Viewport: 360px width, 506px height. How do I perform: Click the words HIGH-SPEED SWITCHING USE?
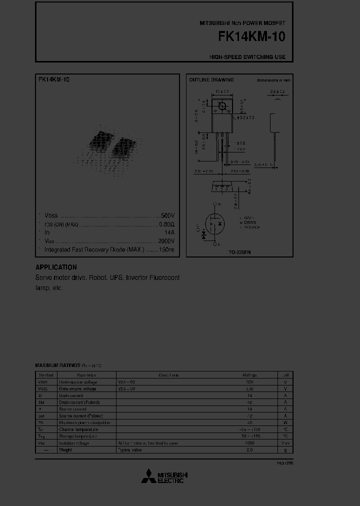247,57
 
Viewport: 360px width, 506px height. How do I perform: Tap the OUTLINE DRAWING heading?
211,80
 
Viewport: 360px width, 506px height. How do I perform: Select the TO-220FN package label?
240,253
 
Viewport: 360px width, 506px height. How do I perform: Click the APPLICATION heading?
56,267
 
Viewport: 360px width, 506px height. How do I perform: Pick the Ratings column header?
250,375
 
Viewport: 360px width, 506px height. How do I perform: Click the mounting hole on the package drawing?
221,106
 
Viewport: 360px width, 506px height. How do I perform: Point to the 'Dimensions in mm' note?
273,80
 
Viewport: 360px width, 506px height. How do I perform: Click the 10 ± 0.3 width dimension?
222,92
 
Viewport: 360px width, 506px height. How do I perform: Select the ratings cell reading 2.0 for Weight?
250,450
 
